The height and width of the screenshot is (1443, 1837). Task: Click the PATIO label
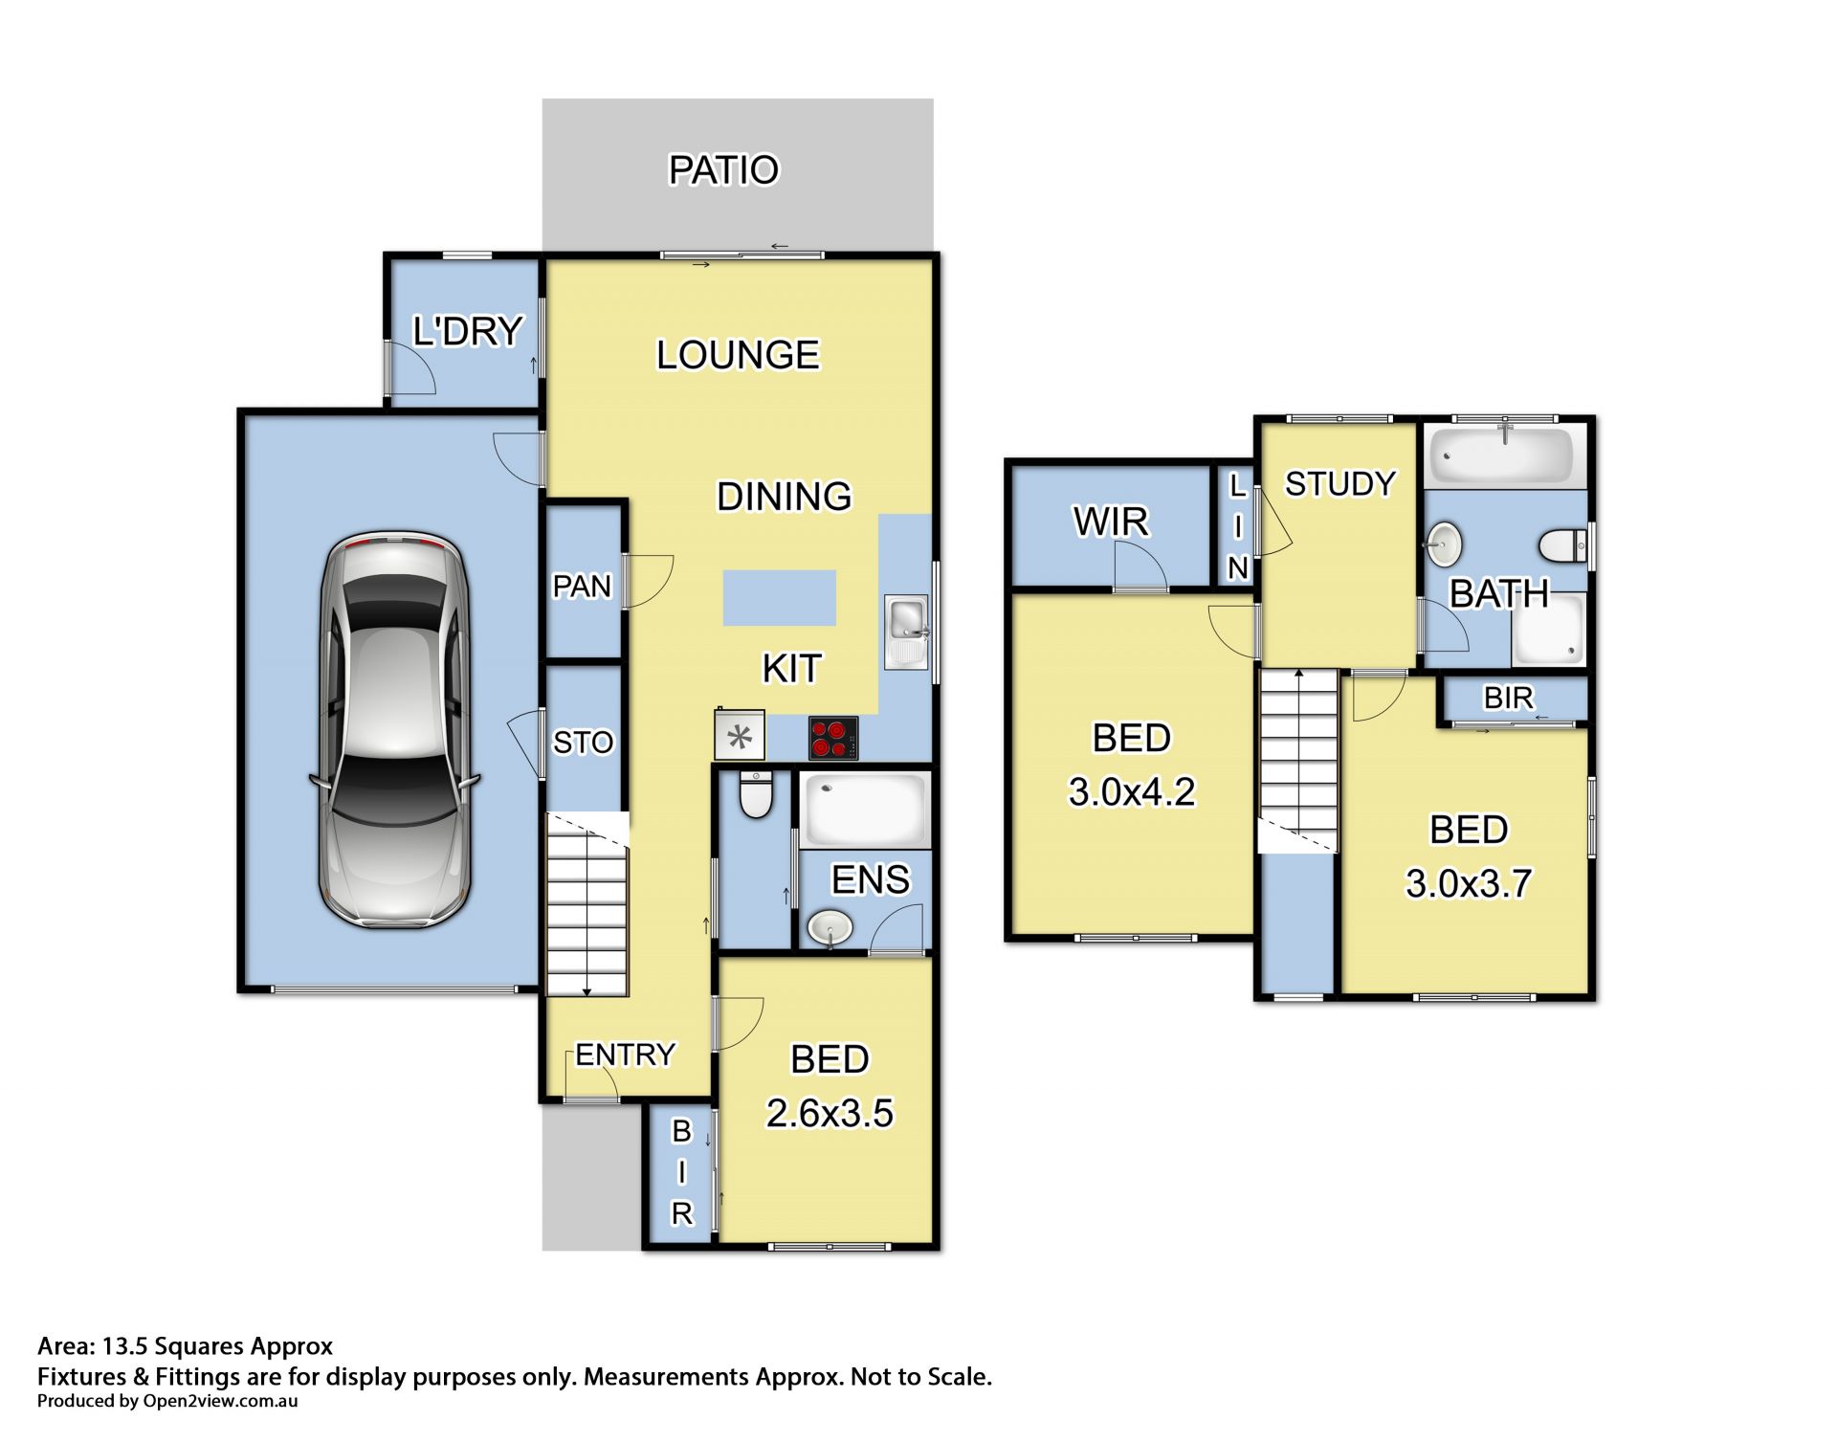(x=723, y=170)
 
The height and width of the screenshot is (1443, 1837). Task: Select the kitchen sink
(x=906, y=632)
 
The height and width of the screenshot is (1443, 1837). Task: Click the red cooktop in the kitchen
(x=833, y=739)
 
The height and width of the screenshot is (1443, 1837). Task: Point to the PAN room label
(x=582, y=586)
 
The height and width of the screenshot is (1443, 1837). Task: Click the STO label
(x=583, y=742)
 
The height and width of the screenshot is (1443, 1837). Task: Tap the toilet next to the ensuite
(x=756, y=794)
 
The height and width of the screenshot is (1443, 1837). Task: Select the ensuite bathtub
(x=865, y=811)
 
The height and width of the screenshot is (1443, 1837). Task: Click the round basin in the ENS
(x=830, y=927)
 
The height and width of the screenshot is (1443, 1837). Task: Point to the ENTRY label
(x=625, y=1054)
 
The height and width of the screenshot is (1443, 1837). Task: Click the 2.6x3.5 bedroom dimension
(x=830, y=1113)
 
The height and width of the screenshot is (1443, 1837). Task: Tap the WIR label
(x=1111, y=522)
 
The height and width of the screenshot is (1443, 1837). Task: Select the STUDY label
(x=1339, y=484)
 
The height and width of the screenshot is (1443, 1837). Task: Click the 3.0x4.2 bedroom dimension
(x=1132, y=792)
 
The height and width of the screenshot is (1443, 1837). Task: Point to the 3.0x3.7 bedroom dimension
(x=1469, y=883)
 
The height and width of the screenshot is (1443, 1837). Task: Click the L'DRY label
(x=467, y=331)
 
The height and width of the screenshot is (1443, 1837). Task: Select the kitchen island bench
(x=779, y=598)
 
